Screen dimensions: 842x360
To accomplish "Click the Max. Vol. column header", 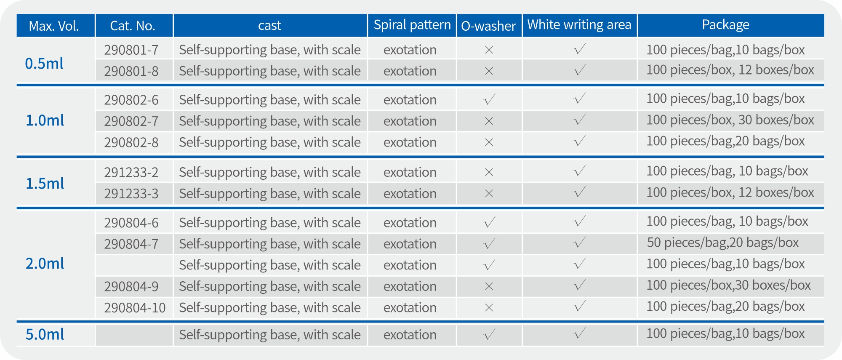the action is click(x=54, y=26).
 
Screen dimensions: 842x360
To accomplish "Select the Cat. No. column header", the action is click(x=133, y=26).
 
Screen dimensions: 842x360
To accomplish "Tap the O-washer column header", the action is click(x=488, y=26).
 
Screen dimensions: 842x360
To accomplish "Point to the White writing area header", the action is click(x=579, y=24).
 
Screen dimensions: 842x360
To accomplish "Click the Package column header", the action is click(x=726, y=24).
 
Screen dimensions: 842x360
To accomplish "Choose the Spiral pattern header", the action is click(x=412, y=24).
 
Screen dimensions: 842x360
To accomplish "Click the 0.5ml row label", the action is click(x=44, y=64).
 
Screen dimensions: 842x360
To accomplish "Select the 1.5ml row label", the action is click(x=45, y=184).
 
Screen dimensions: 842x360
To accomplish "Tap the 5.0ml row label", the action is click(x=45, y=334).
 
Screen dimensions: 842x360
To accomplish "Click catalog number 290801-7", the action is click(x=131, y=50).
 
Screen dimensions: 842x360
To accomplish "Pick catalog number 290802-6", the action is click(x=131, y=100).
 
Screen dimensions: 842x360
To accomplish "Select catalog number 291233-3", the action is click(x=131, y=194).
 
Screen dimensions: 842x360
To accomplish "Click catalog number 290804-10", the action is click(x=135, y=308).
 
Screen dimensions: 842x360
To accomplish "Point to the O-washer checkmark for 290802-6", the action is click(x=489, y=100).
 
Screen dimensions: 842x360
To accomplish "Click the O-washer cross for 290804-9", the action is click(x=489, y=286).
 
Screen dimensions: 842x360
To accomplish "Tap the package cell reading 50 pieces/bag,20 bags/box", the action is click(x=722, y=243).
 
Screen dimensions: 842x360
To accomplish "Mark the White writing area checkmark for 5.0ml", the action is click(x=580, y=334).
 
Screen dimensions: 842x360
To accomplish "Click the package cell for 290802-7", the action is click(x=730, y=120).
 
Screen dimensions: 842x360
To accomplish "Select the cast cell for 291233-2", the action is click(x=270, y=172).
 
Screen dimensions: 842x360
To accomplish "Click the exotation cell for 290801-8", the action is click(x=410, y=71).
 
